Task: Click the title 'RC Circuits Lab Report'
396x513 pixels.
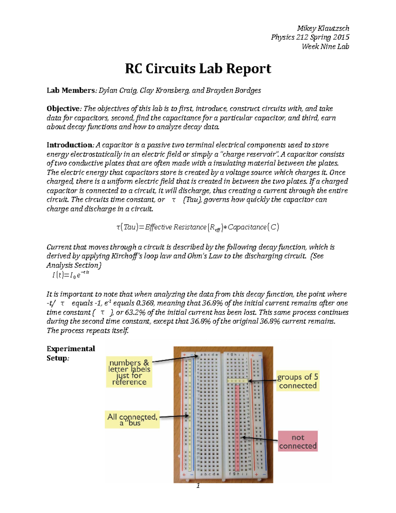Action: pyautogui.click(x=198, y=69)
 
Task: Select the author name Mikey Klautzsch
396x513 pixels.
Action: pyautogui.click(x=323, y=28)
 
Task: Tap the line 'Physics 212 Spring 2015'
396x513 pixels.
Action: pyautogui.click(x=310, y=37)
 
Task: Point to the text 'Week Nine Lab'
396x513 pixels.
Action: pyautogui.click(x=325, y=47)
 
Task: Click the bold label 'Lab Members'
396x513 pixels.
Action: pyautogui.click(x=71, y=91)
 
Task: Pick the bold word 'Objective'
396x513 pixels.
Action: pyautogui.click(x=63, y=109)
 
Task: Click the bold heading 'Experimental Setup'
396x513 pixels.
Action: pyautogui.click(x=71, y=353)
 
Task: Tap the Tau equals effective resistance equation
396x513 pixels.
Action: pyautogui.click(x=198, y=227)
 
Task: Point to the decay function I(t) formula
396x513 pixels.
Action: pyautogui.click(x=71, y=275)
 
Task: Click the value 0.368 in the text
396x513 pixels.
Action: pyautogui.click(x=143, y=303)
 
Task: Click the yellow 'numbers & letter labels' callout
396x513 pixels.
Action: pyautogui.click(x=129, y=372)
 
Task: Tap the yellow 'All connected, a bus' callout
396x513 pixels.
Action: pyautogui.click(x=132, y=420)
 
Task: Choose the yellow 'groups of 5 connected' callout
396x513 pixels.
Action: pyautogui.click(x=298, y=381)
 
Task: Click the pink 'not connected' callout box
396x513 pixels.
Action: pyautogui.click(x=298, y=441)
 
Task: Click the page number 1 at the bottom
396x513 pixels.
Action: pyautogui.click(x=198, y=485)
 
